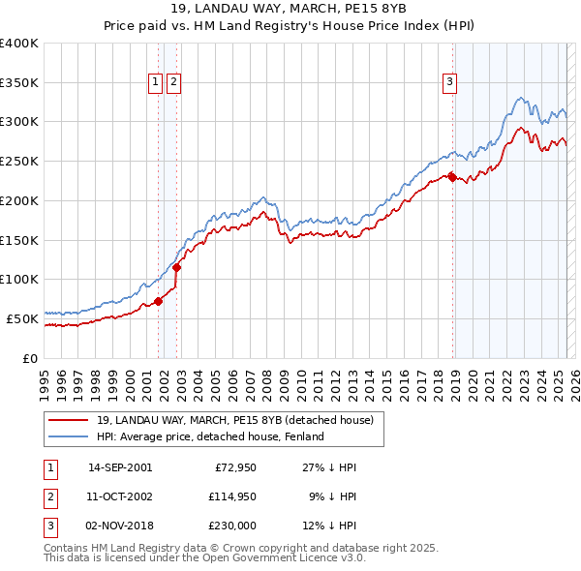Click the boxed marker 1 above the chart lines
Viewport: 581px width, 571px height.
click(155, 83)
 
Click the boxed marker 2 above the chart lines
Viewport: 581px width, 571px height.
click(173, 83)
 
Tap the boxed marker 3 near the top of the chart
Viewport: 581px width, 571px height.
click(450, 83)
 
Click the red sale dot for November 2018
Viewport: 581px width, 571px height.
click(452, 177)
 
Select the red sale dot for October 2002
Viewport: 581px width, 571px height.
click(177, 268)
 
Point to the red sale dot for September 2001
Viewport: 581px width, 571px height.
click(159, 301)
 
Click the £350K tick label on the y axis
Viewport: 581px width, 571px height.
click(19, 82)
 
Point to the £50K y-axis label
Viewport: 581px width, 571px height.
click(23, 317)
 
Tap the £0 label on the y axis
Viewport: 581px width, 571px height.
click(31, 357)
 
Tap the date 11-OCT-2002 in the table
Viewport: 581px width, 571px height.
click(120, 496)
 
